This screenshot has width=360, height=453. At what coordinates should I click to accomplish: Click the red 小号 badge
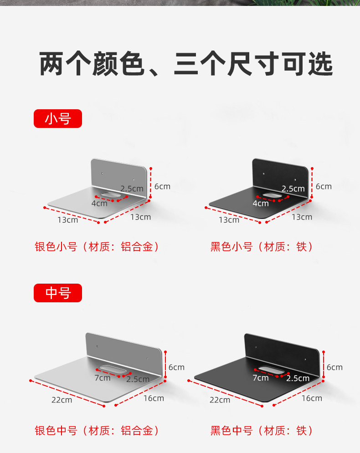tap(58, 118)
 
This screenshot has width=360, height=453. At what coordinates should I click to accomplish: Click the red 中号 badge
tap(58, 293)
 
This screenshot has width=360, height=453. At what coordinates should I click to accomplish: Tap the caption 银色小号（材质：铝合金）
tap(97, 247)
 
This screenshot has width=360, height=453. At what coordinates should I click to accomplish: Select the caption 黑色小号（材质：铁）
tap(262, 247)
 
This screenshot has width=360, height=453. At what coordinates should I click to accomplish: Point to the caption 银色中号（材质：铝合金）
tap(97, 431)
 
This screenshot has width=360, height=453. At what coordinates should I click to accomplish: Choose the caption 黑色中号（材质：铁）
tap(262, 431)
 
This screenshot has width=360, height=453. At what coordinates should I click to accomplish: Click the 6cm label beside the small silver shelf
tap(162, 186)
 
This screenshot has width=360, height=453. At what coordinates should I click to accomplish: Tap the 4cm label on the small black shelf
tap(261, 204)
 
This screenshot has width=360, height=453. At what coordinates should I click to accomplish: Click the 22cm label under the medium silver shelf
tap(62, 400)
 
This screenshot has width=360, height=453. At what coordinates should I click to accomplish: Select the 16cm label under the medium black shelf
tap(312, 398)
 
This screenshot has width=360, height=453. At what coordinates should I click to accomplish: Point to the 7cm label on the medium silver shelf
tap(103, 378)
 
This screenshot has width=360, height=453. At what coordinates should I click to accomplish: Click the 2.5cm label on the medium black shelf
tap(298, 378)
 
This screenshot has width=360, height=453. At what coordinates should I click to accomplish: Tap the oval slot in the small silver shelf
tap(110, 195)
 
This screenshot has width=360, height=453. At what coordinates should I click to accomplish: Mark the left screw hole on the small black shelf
tap(263, 174)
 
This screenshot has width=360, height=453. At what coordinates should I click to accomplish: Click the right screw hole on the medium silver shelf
tap(148, 358)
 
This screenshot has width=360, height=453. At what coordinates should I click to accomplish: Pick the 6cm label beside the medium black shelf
tap(334, 367)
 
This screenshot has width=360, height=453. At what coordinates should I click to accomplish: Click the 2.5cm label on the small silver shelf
tap(132, 188)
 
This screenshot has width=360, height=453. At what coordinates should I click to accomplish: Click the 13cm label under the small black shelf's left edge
tap(229, 220)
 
